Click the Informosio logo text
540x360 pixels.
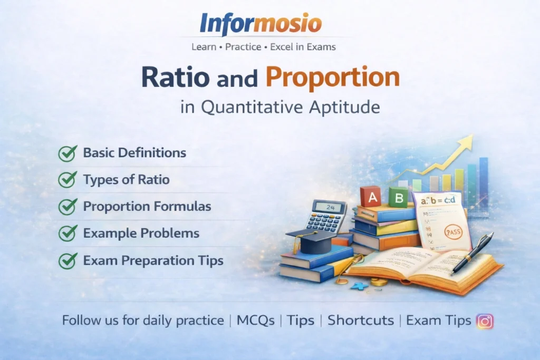(261, 24)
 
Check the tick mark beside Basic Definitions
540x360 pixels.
(67, 153)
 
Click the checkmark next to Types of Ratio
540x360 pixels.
(67, 180)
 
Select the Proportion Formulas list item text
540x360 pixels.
(147, 207)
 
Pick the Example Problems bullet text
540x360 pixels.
(141, 233)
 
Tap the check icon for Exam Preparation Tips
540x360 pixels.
(67, 260)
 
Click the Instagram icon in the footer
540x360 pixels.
(485, 321)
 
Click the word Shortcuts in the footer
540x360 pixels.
(361, 320)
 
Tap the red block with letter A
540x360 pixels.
(370, 197)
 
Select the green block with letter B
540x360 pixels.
(399, 197)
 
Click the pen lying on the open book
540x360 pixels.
(472, 253)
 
